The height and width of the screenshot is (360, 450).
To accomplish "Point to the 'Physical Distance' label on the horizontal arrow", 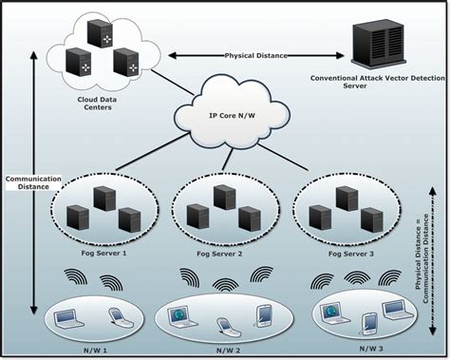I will (253, 56).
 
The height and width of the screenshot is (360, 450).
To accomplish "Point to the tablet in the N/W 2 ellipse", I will (264, 312).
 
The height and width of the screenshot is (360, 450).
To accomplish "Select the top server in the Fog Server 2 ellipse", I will (224, 197).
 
